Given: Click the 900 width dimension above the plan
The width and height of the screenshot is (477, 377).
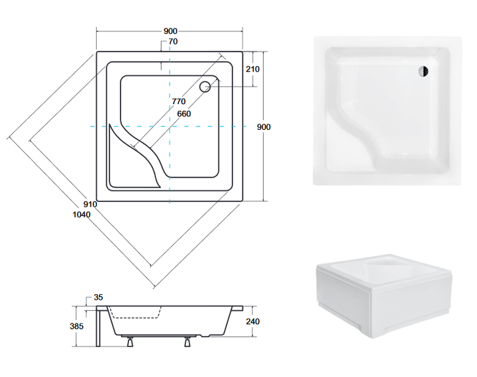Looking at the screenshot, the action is (170, 31).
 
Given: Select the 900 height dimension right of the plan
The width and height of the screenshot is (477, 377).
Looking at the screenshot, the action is (264, 127).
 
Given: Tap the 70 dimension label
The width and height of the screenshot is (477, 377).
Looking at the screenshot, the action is (173, 41).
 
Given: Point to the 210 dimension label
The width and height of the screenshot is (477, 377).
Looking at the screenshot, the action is (252, 69).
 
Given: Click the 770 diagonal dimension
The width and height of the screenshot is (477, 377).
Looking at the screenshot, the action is (179, 101).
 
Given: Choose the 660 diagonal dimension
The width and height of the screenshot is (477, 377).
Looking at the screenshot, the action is (184, 114).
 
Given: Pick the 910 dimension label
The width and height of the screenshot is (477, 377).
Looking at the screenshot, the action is (90, 204).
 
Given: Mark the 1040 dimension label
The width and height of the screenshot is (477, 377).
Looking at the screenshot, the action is (81, 215).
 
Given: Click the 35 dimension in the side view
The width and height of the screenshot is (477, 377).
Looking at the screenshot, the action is (98, 297).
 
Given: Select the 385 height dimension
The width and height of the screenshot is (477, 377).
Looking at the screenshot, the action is (76, 326).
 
